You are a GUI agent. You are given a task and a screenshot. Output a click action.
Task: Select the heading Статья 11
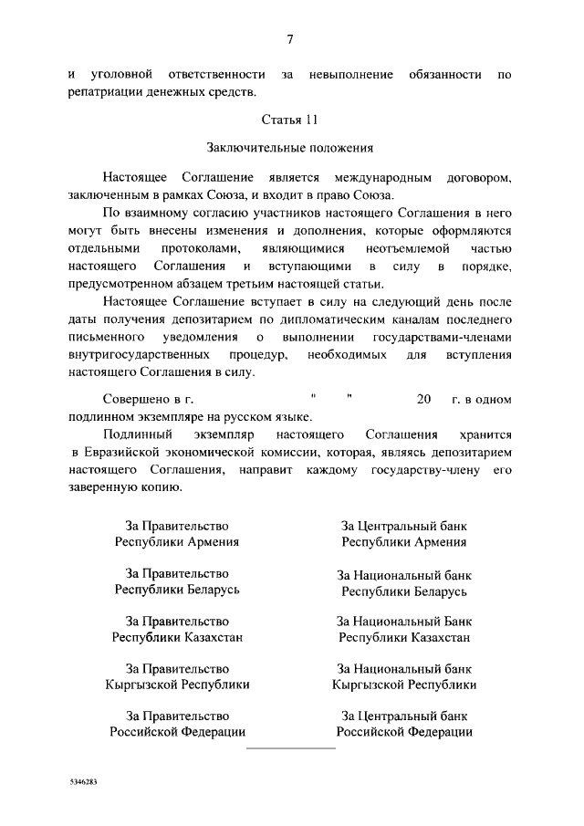[x=290, y=120]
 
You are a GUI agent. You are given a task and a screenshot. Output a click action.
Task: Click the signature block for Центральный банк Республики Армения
[x=403, y=534]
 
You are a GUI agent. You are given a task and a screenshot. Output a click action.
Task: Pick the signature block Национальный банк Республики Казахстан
[x=403, y=629]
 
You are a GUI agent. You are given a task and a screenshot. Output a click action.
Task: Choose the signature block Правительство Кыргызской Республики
[x=177, y=676]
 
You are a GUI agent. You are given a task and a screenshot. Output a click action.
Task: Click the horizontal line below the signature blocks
[x=292, y=748]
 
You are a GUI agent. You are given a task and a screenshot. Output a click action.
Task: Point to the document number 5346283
[x=81, y=783]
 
